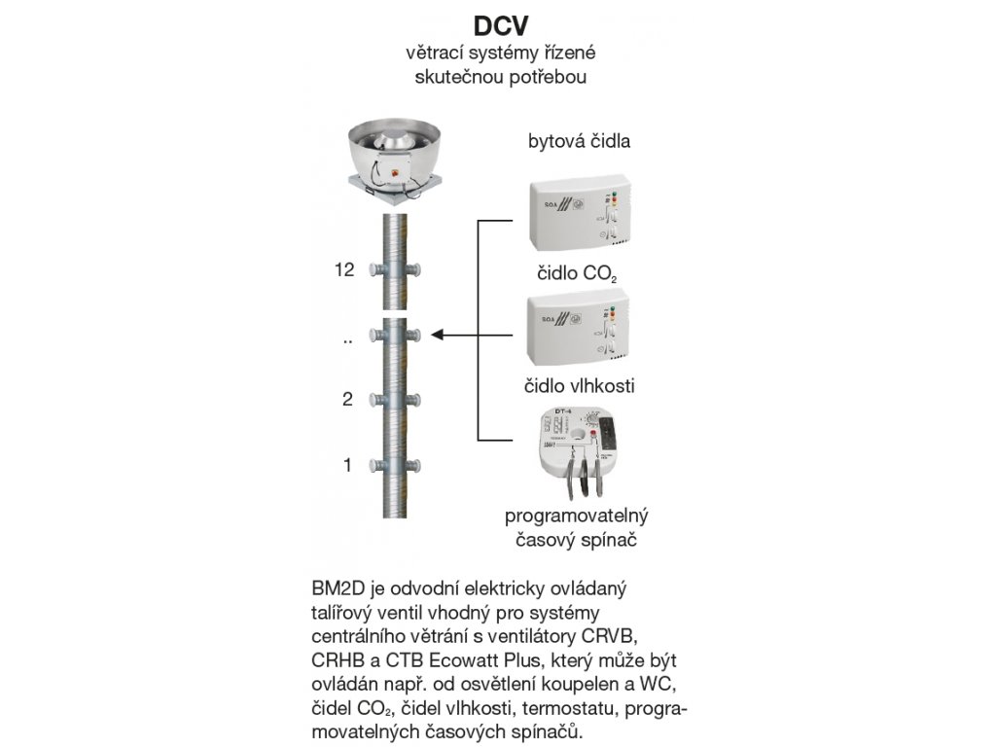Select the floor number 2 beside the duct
[347, 399]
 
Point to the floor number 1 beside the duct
[347, 466]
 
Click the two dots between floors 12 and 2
[346, 340]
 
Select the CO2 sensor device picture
[576, 213]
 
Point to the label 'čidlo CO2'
[574, 273]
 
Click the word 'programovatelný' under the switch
[576, 515]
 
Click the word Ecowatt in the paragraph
[458, 658]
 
